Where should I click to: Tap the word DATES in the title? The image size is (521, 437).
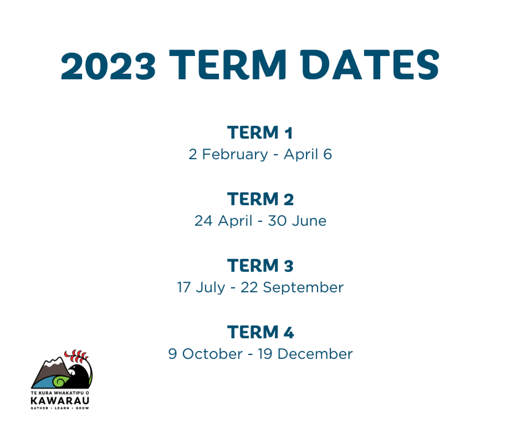(x=370, y=64)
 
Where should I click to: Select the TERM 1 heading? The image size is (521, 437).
(x=260, y=132)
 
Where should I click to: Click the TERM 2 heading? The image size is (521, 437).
(x=260, y=199)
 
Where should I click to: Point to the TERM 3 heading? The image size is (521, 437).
(x=260, y=266)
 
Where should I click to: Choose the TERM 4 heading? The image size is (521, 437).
(x=260, y=332)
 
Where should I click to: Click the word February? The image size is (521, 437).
(x=235, y=155)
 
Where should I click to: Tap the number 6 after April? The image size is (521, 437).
(x=327, y=154)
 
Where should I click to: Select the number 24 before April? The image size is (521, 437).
(x=203, y=221)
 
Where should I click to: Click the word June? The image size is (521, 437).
(x=309, y=221)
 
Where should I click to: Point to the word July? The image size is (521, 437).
(x=210, y=288)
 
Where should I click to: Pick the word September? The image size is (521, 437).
(x=303, y=288)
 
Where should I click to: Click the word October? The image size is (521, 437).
(x=212, y=354)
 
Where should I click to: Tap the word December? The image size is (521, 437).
(x=315, y=354)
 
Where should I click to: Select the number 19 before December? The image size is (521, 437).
(x=265, y=354)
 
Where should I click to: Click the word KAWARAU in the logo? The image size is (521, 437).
(x=60, y=401)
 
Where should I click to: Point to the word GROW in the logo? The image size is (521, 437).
(x=82, y=408)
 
